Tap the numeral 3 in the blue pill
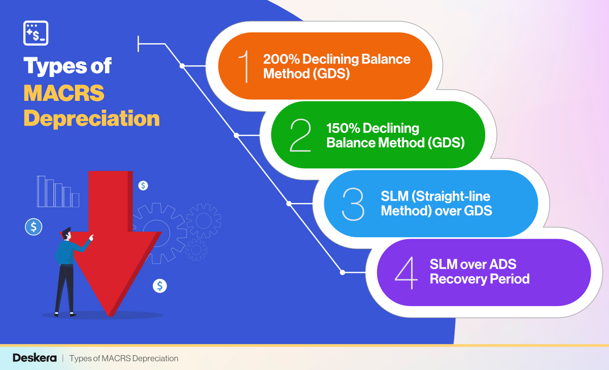(x=353, y=204)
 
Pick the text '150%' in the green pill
(x=344, y=128)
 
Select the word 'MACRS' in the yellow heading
(x=64, y=93)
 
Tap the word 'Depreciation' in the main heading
(x=91, y=119)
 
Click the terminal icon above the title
(x=36, y=33)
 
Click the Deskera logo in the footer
(x=33, y=358)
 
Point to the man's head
(x=65, y=234)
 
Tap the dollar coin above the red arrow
(x=143, y=186)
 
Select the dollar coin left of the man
(x=33, y=227)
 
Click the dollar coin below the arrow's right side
(x=160, y=286)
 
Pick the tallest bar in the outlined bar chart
(x=41, y=192)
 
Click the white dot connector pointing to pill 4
(x=343, y=273)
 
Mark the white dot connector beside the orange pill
(x=182, y=66)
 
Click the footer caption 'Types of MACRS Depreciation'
(x=124, y=358)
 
